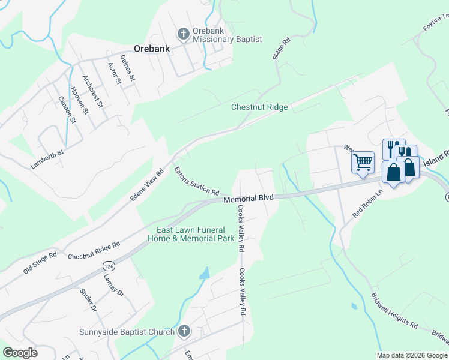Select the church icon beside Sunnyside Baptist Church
click(x=184, y=331)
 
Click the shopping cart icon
click(x=363, y=162)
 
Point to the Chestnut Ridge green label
click(x=259, y=107)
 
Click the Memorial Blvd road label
click(x=248, y=199)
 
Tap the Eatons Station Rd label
click(x=196, y=181)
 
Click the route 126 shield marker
click(x=108, y=265)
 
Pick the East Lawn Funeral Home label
click(x=191, y=234)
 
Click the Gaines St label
click(x=128, y=68)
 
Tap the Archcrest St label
click(x=94, y=91)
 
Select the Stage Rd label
click(x=282, y=49)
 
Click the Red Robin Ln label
click(x=368, y=205)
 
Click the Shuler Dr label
click(x=88, y=300)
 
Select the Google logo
click(x=19, y=353)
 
